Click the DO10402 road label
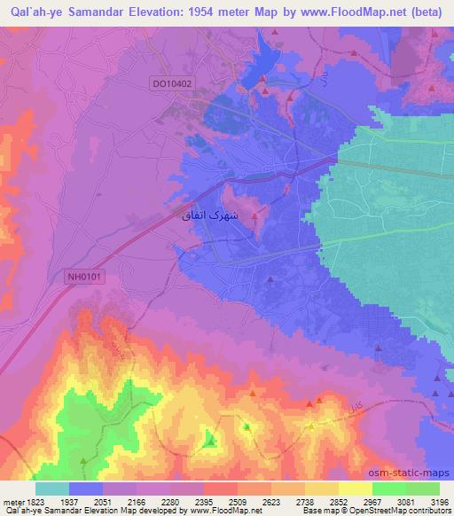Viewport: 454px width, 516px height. click(172, 82)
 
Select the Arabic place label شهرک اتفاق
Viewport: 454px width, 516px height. click(207, 215)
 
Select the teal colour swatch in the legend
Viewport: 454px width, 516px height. click(52, 488)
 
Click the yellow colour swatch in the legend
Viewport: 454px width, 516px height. click(356, 488)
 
